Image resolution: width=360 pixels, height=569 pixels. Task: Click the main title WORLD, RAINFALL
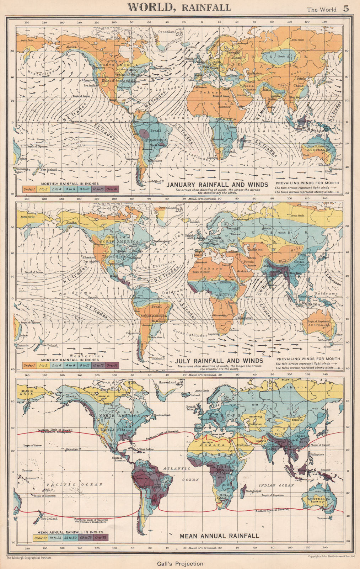pos(179,7)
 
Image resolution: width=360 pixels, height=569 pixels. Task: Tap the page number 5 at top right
pos(346,9)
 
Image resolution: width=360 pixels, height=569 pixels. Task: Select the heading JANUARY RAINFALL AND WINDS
pos(217,185)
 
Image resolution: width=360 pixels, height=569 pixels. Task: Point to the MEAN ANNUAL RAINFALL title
pos(219,536)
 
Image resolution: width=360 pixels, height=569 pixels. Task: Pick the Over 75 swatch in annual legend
pos(100,538)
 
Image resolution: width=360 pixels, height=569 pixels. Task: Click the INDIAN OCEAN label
pos(271,485)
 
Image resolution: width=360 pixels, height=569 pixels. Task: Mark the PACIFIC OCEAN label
pos(75,484)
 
